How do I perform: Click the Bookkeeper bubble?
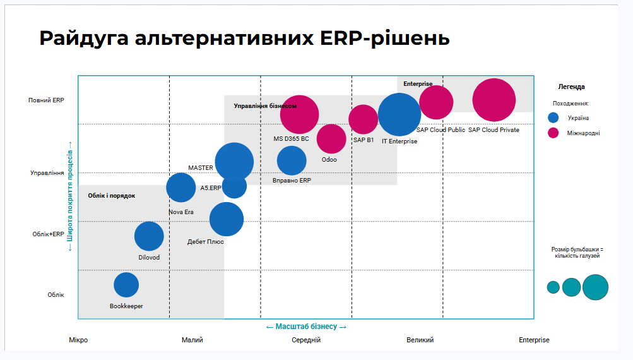126,285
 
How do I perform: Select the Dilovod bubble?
149,236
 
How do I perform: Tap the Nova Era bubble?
181,187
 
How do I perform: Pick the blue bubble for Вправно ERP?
292,160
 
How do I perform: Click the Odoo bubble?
331,139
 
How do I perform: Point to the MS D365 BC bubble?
299,114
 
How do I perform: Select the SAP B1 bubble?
364,119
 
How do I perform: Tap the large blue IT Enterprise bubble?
399,114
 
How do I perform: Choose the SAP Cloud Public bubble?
436,102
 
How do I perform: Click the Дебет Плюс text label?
206,241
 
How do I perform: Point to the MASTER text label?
201,168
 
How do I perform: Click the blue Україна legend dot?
553,117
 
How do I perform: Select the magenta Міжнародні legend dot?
553,133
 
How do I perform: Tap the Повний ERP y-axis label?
46,100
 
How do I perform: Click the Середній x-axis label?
306,340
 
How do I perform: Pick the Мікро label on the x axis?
78,340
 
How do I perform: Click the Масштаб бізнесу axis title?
306,327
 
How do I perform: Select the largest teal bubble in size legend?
595,287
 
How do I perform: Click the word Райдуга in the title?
83,38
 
